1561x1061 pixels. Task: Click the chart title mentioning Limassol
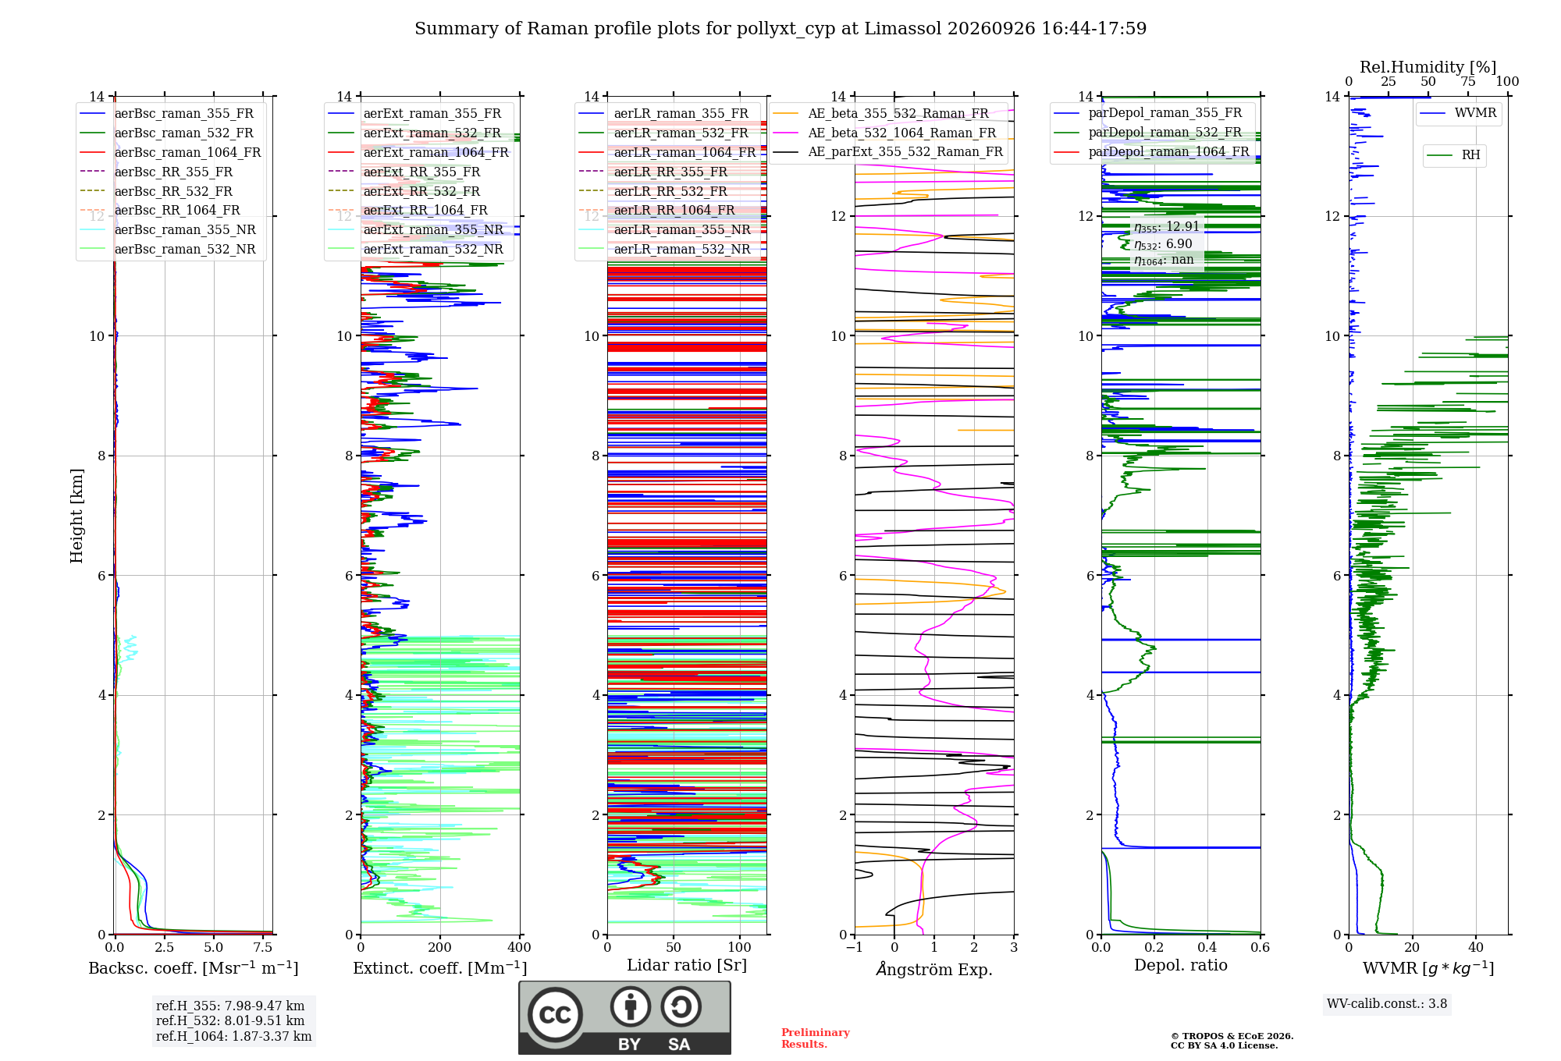[780, 29]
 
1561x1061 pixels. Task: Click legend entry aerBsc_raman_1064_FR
[187, 152]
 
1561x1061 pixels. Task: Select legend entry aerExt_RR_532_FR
[421, 191]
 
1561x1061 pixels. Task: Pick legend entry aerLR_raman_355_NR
[681, 229]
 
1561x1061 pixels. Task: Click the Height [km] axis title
[76, 516]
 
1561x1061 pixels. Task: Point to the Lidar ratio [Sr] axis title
[687, 965]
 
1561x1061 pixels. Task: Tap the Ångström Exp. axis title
[934, 969]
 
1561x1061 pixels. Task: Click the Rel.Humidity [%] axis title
[1428, 67]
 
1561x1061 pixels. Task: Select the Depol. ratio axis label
[1181, 965]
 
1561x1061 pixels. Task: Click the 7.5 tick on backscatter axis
[263, 948]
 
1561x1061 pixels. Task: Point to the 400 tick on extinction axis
[519, 948]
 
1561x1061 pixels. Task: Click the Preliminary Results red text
[816, 1038]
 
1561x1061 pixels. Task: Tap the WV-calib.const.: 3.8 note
[1387, 1004]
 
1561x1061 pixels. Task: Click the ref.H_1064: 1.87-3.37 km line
[233, 1037]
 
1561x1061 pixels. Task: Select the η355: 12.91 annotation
[1167, 227]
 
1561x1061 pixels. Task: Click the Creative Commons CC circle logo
[555, 1015]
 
